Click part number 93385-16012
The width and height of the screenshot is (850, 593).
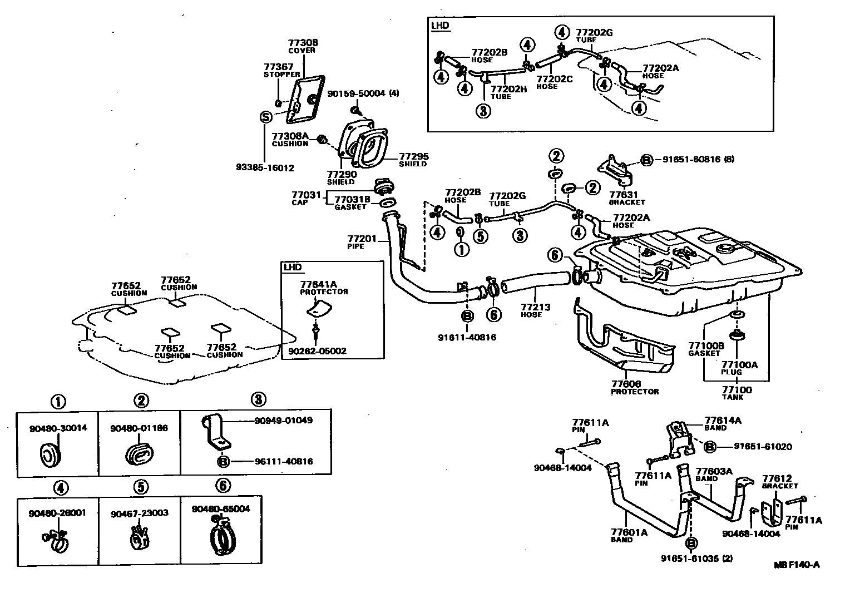[x=264, y=167]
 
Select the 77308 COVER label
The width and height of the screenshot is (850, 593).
[x=302, y=46]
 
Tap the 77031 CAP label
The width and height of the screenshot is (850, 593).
[x=299, y=198]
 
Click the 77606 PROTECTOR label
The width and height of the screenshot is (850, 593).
[x=634, y=387]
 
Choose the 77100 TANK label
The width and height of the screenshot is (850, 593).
[x=737, y=393]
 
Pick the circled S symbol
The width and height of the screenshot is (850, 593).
[x=266, y=117]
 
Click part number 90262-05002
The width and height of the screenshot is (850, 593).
[x=317, y=351]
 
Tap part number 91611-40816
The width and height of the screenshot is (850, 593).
[x=467, y=337]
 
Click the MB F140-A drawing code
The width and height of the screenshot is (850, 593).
[x=797, y=565]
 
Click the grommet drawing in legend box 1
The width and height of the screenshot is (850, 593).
[x=51, y=452]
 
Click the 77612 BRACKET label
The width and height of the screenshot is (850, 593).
[x=780, y=482]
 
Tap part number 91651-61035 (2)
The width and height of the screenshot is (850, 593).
[x=696, y=559]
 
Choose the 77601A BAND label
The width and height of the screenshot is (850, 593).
[x=629, y=535]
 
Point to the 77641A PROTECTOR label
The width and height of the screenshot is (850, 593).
[x=324, y=288]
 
